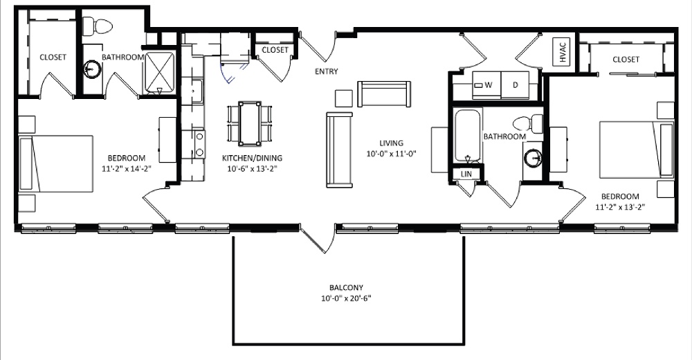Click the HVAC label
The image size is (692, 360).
(x=561, y=53)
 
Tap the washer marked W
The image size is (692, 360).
(x=488, y=84)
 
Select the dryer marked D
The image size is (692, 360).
(x=515, y=84)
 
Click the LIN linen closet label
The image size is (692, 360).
(x=466, y=174)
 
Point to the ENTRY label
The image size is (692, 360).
(x=326, y=71)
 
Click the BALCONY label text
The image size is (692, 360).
(x=347, y=288)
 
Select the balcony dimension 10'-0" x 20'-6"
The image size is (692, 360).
(x=347, y=299)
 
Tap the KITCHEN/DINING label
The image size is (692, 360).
(x=252, y=158)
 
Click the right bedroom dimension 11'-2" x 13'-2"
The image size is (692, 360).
(x=620, y=206)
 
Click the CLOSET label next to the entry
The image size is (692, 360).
(x=275, y=50)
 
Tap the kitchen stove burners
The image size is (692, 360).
(x=199, y=143)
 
